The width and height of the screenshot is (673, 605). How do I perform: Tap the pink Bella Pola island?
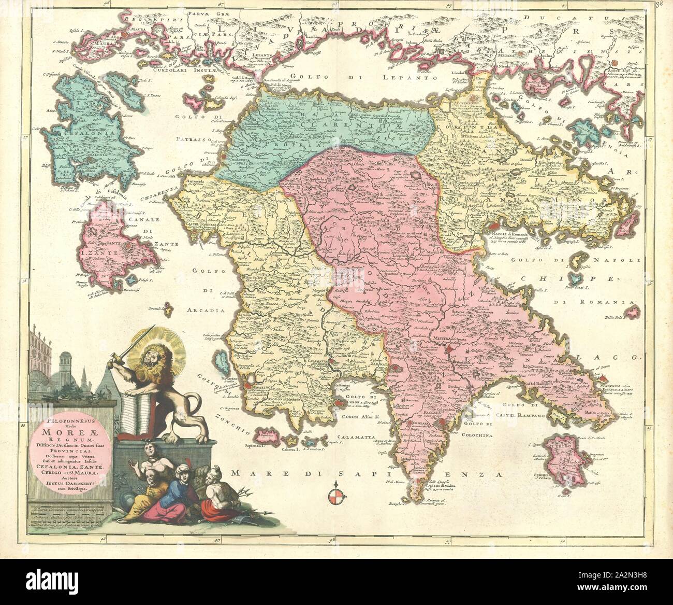click(x=630, y=313)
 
